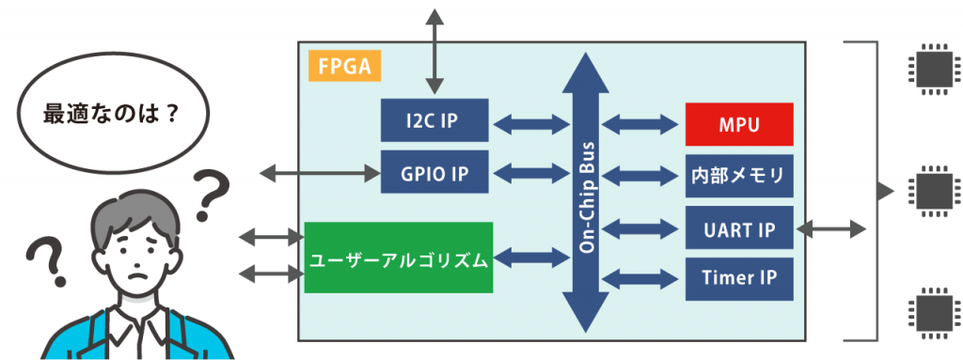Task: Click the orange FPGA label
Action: tap(343, 68)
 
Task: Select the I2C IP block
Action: tap(434, 120)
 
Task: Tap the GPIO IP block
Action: tap(434, 172)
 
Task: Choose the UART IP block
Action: tap(739, 228)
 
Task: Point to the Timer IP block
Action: tap(739, 278)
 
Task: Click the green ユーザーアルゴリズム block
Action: tap(400, 258)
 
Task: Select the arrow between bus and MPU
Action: tap(640, 123)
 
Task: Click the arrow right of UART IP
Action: tap(830, 228)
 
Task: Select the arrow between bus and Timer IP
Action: tap(640, 279)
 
